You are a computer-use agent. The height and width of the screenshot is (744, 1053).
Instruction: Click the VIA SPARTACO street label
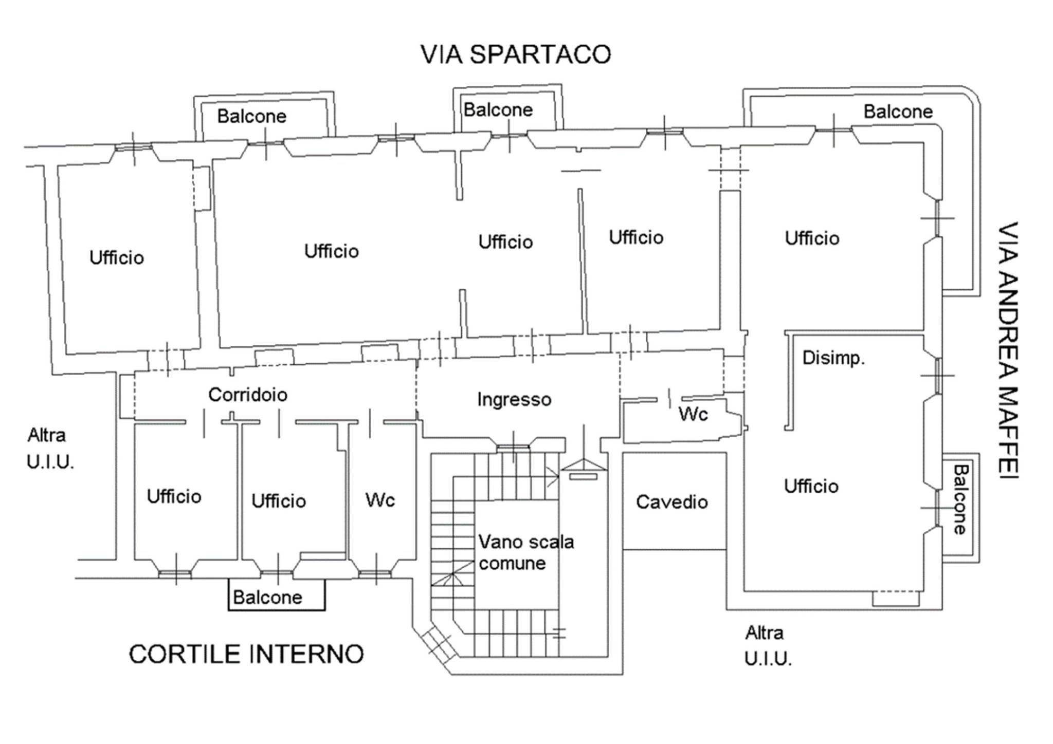(516, 54)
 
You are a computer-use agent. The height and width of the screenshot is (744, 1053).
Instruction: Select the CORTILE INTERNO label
(246, 654)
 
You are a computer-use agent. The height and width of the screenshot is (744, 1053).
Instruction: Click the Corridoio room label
(247, 395)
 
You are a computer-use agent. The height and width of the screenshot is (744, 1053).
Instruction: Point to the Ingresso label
(514, 399)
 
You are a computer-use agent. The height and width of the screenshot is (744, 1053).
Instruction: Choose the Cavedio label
(671, 502)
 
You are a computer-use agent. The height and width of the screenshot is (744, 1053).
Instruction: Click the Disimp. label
(833, 358)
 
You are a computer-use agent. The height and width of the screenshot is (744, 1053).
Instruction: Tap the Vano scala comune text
(525, 552)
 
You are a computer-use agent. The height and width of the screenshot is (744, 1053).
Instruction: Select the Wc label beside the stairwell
(380, 499)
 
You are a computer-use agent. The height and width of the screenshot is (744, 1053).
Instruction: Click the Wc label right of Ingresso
(693, 414)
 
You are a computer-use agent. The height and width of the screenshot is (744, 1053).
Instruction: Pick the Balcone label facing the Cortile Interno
(267, 597)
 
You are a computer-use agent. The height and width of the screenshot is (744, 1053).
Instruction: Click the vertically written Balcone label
(960, 499)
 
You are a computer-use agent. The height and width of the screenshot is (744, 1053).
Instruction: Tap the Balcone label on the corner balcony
(898, 111)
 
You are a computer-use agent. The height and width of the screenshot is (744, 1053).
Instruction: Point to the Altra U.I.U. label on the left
(50, 449)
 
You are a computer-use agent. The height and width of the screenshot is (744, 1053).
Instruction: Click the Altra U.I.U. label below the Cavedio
(768, 645)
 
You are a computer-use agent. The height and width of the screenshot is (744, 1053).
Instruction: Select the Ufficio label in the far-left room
(117, 257)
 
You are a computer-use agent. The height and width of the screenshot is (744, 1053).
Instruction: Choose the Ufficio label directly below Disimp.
(811, 486)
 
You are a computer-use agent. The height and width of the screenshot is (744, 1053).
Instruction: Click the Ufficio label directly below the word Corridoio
(278, 501)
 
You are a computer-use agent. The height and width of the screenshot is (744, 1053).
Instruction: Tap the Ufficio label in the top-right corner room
(812, 238)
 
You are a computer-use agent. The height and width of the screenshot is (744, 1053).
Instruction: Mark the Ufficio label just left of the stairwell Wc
(278, 501)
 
